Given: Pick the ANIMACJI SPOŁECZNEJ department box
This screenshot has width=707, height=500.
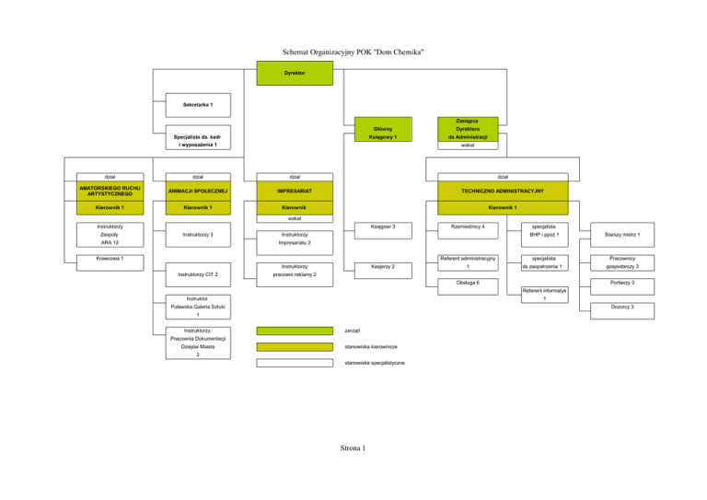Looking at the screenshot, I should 198,190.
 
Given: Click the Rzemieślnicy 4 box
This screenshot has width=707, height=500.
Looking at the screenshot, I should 469,226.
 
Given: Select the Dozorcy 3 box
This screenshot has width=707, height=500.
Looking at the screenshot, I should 621,306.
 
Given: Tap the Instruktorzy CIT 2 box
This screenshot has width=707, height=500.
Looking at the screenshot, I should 198,274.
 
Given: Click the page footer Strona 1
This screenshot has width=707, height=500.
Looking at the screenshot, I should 353,448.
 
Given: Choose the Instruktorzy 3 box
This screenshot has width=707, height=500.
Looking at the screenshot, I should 198,236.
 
